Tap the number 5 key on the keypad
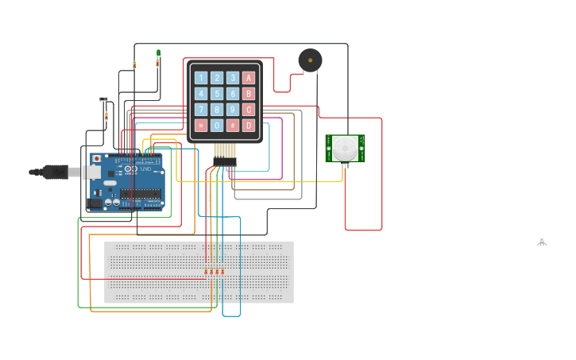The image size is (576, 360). coord(217,94)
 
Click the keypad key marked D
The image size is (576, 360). coord(249,126)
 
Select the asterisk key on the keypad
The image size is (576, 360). coord(201,126)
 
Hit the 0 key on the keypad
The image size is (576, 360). coord(217,126)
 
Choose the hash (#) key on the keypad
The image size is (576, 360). coord(233,126)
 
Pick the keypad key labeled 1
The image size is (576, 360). coord(201,78)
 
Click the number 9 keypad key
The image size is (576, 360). coord(233,110)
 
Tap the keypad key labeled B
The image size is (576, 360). coord(249,94)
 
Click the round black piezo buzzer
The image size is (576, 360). coord(310,60)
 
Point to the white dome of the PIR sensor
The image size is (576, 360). coord(345,148)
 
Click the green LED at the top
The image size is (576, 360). coord(158,53)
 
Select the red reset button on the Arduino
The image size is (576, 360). coord(97,159)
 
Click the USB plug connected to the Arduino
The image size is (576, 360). coord(56,172)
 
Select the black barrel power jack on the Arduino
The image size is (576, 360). coord(94,203)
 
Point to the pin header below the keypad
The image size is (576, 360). coord(225,161)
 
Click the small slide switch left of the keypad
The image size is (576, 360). coord(103,99)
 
